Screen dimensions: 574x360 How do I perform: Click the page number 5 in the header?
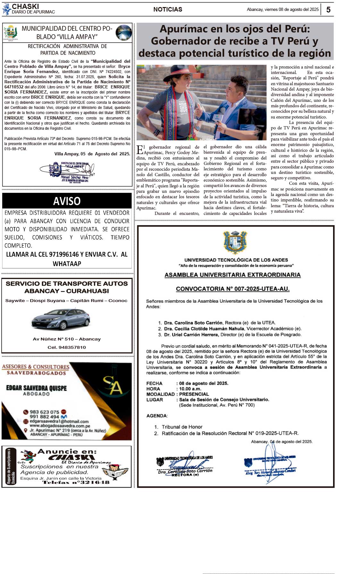click(328, 10)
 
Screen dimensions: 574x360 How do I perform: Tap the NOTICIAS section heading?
click(168, 10)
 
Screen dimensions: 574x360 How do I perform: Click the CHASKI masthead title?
click(25, 6)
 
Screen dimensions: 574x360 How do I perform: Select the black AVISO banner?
click(67, 201)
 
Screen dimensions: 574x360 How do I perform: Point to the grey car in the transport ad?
click(61, 319)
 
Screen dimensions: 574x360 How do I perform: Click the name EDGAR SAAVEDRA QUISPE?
click(37, 388)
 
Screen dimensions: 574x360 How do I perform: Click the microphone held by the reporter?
click(219, 116)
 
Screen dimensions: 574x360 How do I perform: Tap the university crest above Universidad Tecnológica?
click(235, 242)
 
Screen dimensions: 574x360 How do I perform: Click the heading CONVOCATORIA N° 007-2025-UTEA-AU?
click(233, 289)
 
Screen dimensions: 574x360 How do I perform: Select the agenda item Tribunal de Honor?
click(182, 427)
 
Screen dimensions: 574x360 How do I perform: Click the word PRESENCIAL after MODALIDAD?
click(194, 394)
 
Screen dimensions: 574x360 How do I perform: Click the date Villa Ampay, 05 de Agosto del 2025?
click(92, 154)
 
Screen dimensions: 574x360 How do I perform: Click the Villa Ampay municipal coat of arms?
click(10, 32)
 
